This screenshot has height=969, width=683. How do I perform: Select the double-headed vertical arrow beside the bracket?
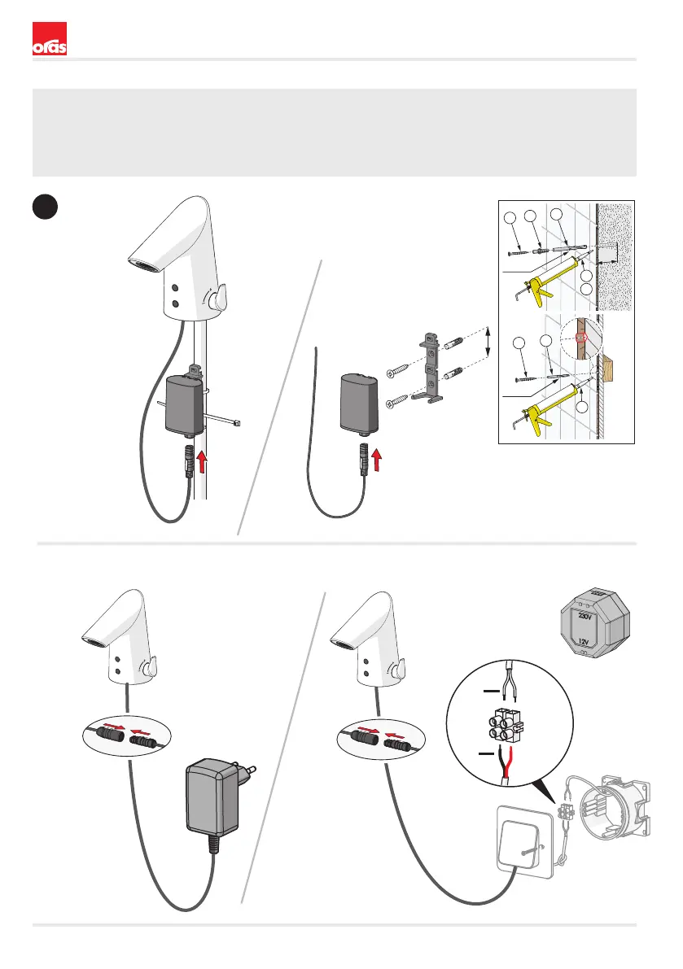[x=488, y=340]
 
